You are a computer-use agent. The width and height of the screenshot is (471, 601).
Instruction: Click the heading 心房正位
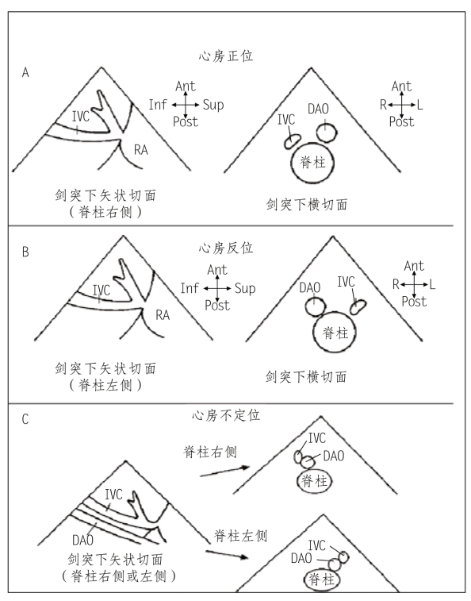point(226,56)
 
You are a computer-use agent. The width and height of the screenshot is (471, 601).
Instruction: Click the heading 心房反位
point(226,248)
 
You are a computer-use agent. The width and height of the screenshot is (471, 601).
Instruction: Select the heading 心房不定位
point(226,415)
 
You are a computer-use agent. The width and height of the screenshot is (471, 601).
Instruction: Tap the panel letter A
point(25,72)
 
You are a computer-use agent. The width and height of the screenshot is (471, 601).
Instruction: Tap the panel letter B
point(25,252)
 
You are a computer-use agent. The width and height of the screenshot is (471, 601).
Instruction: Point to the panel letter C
point(25,419)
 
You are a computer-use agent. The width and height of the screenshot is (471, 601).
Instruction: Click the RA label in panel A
point(141,149)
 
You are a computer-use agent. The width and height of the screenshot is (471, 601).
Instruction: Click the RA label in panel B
point(163,315)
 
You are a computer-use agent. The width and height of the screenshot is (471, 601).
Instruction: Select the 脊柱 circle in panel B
point(335,312)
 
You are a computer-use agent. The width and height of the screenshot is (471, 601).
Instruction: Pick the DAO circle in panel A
point(327,124)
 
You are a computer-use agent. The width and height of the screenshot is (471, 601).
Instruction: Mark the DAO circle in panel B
point(316,299)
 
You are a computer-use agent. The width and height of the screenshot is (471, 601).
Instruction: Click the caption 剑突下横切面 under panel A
point(307,204)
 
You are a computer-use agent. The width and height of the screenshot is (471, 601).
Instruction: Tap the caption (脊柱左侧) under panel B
point(105,385)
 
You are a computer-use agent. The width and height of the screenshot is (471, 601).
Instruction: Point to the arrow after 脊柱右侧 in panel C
point(225,471)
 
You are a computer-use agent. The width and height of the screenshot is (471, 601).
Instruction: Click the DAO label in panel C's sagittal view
point(82,540)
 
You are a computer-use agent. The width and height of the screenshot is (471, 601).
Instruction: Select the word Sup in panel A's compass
point(213,105)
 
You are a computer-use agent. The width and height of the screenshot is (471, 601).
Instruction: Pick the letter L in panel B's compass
point(432,284)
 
